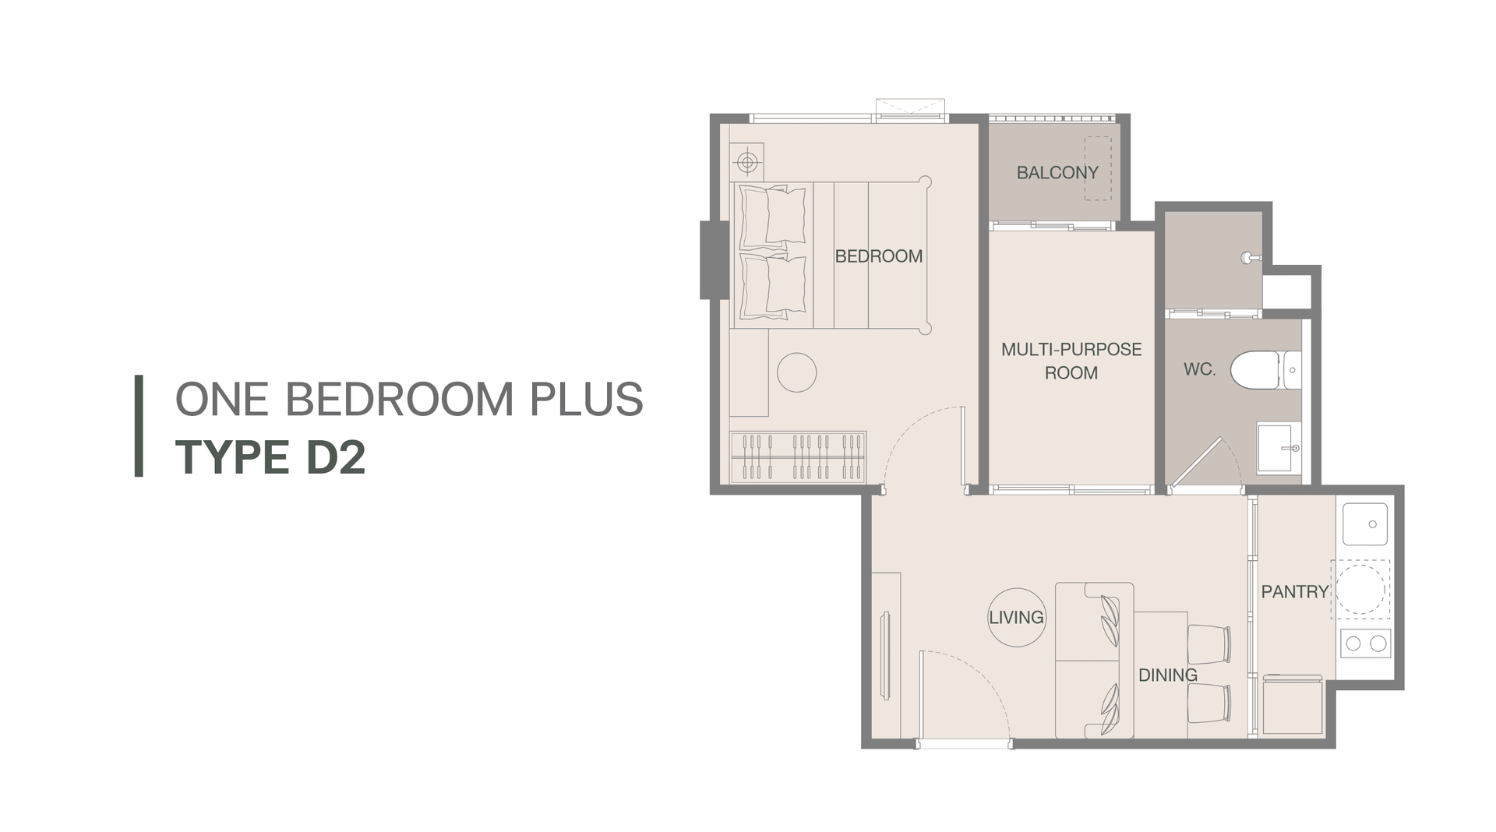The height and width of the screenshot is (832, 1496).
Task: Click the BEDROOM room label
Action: [878, 256]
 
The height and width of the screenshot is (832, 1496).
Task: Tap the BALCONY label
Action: [1057, 173]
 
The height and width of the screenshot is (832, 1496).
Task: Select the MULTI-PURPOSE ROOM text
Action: [1071, 361]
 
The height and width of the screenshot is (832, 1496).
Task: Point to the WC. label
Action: [1199, 369]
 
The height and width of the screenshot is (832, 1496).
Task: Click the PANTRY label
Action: [1294, 592]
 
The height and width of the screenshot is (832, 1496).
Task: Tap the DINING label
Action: [1167, 675]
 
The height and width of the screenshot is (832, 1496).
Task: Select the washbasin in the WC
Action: [1279, 448]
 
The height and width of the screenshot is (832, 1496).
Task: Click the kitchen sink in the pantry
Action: [1364, 524]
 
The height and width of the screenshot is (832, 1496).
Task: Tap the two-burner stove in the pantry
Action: [1365, 643]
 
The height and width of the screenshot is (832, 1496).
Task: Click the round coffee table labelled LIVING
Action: [1016, 617]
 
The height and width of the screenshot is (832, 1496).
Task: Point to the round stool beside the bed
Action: [796, 372]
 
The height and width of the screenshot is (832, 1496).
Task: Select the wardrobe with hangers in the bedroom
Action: [798, 457]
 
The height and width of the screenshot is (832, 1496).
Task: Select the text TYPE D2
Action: [270, 457]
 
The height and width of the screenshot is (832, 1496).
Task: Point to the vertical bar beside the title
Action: [139, 425]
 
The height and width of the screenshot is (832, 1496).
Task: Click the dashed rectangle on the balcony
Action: [1098, 169]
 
